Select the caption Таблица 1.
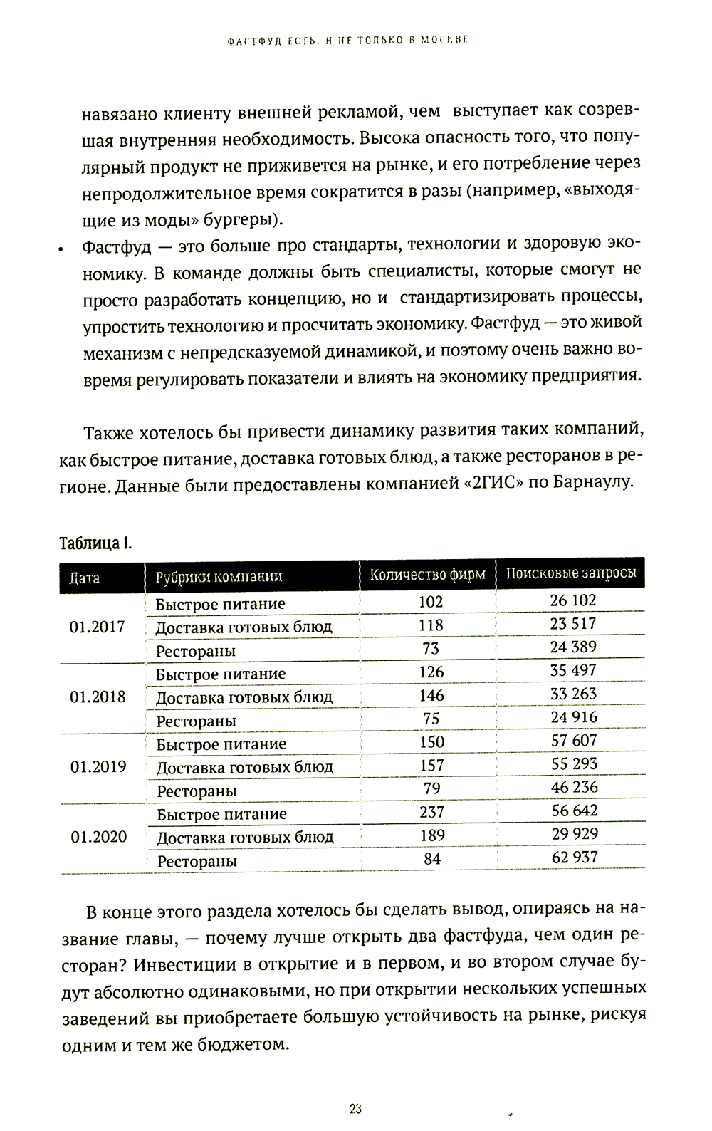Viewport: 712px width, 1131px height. coord(95,543)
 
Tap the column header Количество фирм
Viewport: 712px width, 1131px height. coord(427,575)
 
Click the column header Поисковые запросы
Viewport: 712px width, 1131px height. coord(571,573)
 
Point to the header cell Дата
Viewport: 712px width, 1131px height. coord(84,578)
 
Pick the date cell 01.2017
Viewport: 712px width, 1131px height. coord(97,627)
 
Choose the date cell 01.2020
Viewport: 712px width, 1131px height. coord(98,837)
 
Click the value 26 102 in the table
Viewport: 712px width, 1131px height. coord(573,600)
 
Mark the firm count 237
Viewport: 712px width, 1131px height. coord(432,812)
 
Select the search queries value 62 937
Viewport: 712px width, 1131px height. coord(575,857)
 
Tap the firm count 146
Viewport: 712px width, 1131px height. coord(431,695)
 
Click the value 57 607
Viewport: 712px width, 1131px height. coord(574,740)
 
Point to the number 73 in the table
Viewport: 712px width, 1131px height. coord(431,649)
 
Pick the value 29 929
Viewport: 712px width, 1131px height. coord(575,833)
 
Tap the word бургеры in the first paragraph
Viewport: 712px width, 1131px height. coord(240,218)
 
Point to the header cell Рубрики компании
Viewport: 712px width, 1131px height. coord(219,577)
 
